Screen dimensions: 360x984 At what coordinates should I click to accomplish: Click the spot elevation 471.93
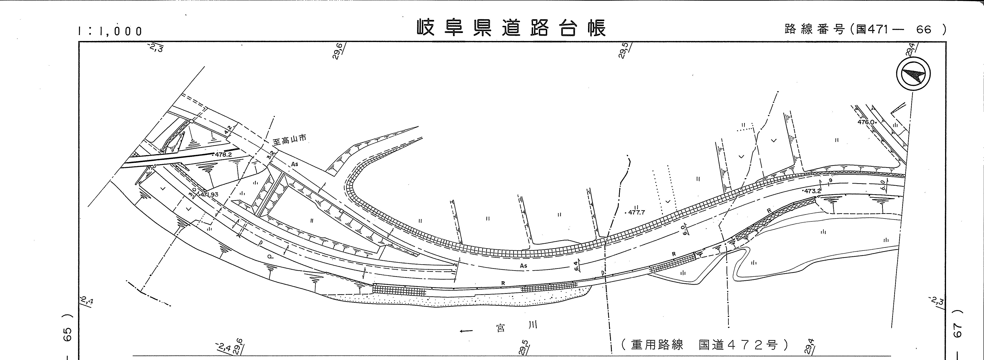coord(209,194)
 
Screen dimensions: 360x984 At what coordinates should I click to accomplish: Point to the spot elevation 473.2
coord(812,191)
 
